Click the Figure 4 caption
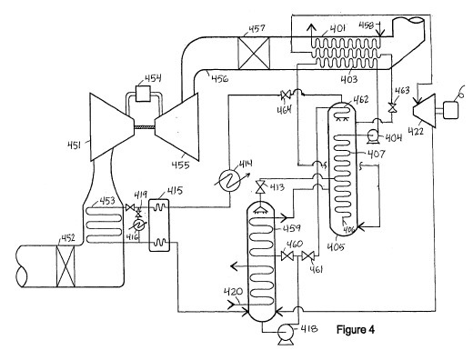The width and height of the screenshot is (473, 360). pos(356,329)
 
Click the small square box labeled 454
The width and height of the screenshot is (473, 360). pos(143,94)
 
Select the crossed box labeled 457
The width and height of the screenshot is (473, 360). pos(254,53)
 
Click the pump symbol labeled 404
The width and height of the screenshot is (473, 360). pos(372,135)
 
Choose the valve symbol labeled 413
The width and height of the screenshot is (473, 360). pos(260,186)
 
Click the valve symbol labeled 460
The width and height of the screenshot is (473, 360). pos(287,256)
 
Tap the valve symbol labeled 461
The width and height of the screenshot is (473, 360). pos(308,256)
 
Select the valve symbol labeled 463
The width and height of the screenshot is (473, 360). pos(392,107)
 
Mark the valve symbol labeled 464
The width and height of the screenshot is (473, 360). pos(285,95)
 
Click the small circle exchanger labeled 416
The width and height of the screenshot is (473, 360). pos(139,225)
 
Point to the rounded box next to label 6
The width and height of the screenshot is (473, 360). pos(450,110)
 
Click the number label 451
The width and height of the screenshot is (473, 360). pos(74,145)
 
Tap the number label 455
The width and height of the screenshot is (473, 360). pos(181,165)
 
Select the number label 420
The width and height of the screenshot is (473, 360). pos(233,293)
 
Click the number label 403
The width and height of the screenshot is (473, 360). pos(348,79)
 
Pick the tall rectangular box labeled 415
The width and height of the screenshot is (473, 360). pos(159,225)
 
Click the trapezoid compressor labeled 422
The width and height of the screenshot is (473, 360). pos(424,111)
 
